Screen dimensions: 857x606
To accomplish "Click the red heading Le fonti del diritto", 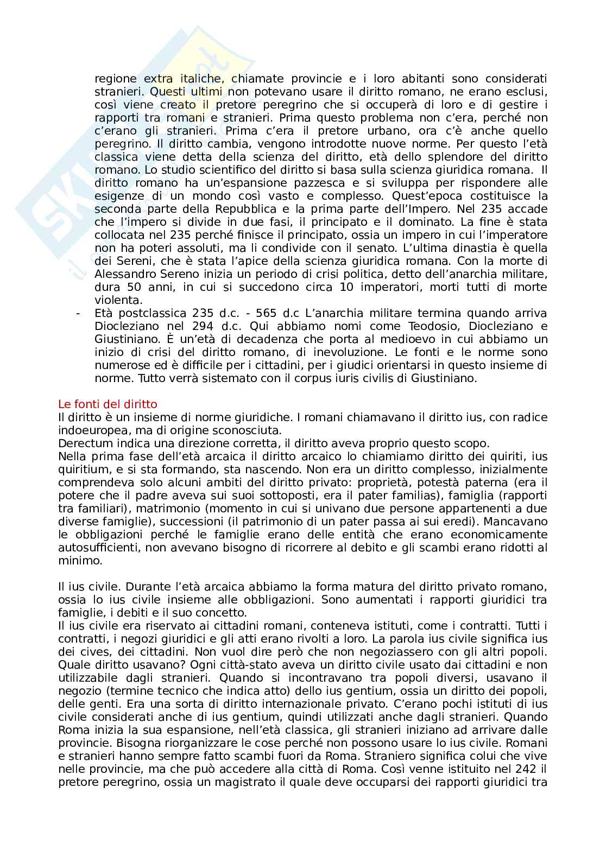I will click(x=108, y=404).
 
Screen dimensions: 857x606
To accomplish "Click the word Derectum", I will click(x=82, y=443).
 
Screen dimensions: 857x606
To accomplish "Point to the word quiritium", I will click(x=81, y=469).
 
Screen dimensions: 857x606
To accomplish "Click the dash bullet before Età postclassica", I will click(x=80, y=313).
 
